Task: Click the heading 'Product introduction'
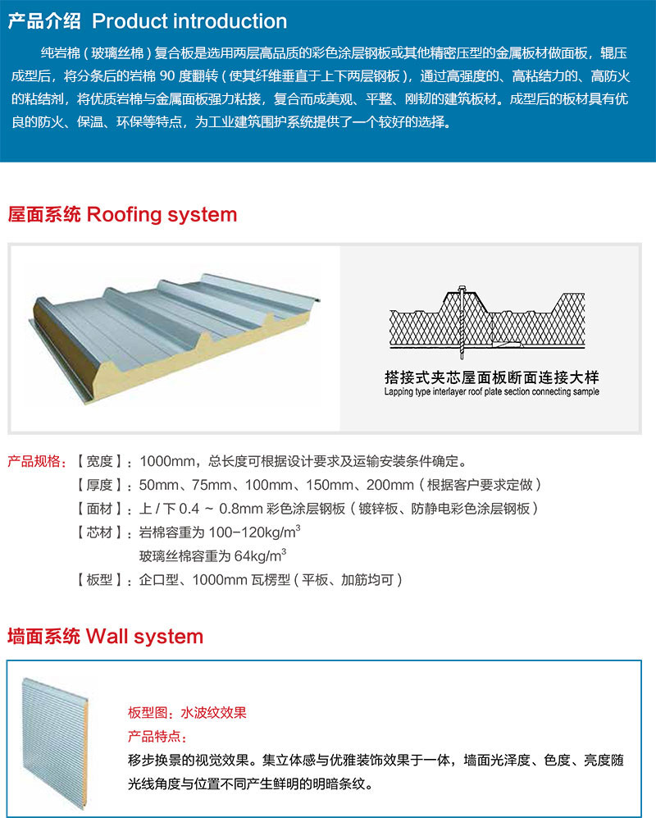pos(189,21)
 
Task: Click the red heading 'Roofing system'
pos(162,214)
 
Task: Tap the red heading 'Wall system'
pos(144,637)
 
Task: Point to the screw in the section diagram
pos(462,322)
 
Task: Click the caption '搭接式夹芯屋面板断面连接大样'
pos(491,377)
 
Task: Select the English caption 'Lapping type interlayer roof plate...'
pos(491,392)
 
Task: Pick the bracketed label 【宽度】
pos(99,461)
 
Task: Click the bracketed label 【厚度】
pos(99,485)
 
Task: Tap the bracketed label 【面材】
pos(99,509)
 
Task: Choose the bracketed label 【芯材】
pos(99,532)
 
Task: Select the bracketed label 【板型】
pos(99,579)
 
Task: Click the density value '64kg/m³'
pos(260,555)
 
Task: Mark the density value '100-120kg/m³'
pos(254,532)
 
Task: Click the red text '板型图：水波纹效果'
pos(187,713)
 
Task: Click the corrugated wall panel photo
pos(55,743)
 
